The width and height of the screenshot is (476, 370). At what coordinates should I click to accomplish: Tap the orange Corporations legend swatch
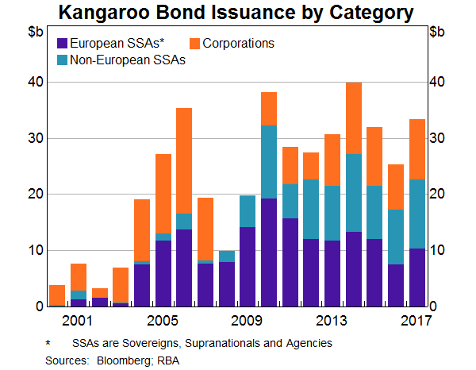point(198,43)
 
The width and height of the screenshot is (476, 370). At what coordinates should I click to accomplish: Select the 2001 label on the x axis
point(79,321)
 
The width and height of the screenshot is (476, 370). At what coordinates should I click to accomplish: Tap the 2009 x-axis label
point(246,321)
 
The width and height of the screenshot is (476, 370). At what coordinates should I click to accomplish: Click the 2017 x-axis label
point(416,321)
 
